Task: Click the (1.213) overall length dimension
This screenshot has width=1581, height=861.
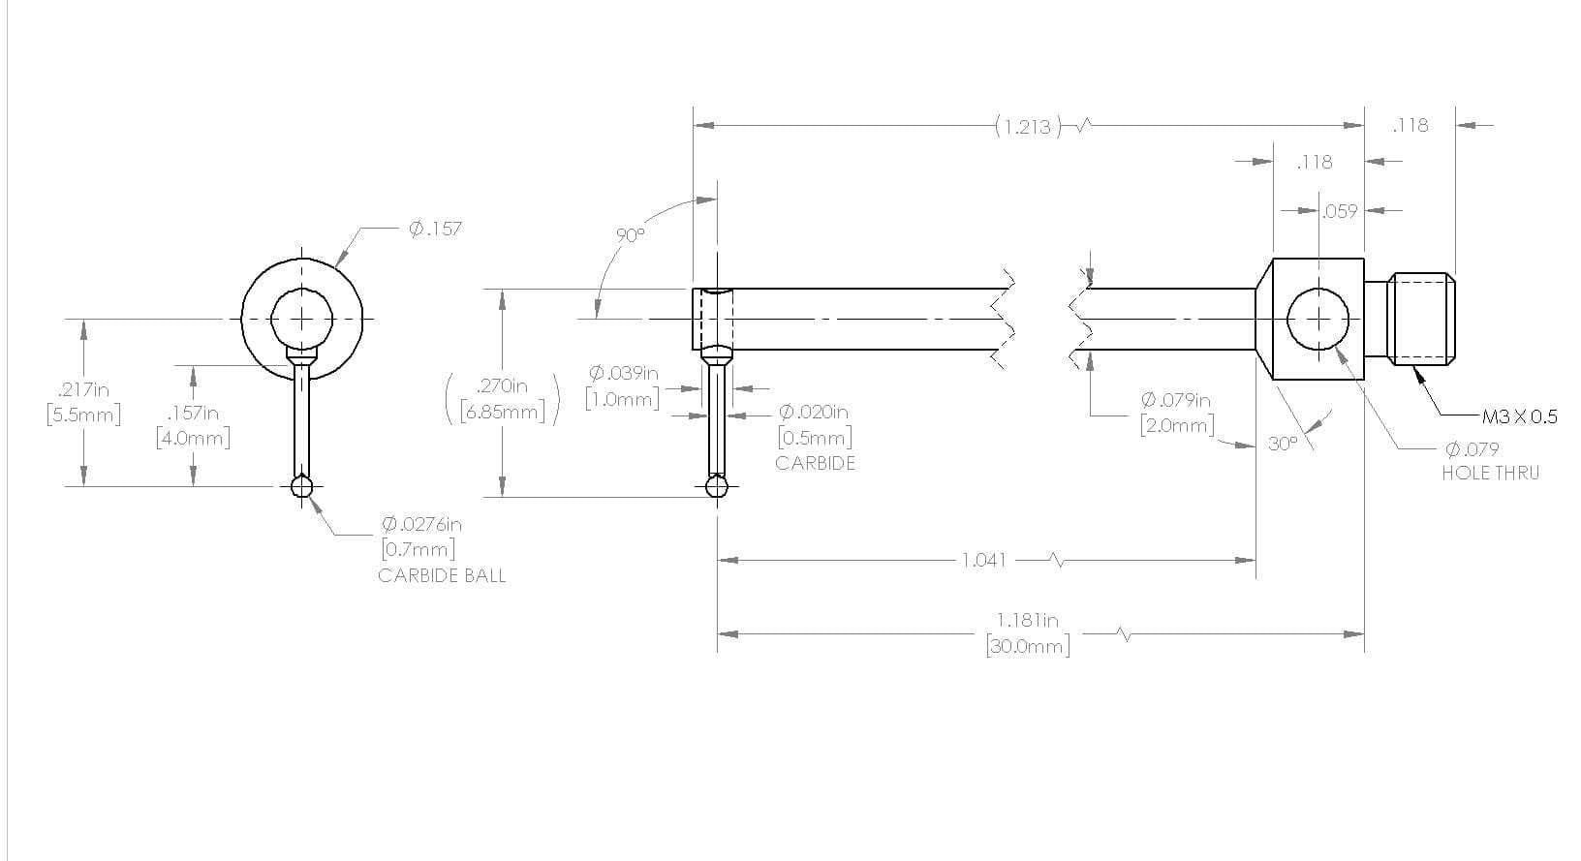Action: tap(1029, 127)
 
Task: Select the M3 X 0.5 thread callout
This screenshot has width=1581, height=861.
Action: tap(1519, 416)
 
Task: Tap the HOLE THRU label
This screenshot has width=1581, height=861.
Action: tap(1491, 473)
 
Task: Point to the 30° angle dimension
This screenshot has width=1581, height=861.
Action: tap(1283, 444)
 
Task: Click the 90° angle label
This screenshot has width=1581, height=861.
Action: tap(631, 235)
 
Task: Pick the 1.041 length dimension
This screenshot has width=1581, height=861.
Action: tap(984, 561)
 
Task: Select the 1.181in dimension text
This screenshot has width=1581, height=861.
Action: tap(1028, 620)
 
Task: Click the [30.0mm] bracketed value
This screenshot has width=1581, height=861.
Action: tap(1028, 646)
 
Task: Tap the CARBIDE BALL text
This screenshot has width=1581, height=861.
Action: tap(442, 576)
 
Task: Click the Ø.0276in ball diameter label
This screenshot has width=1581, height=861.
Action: tap(422, 524)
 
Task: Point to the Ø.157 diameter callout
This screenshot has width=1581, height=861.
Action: tap(436, 229)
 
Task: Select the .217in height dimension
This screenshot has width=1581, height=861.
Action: tap(83, 389)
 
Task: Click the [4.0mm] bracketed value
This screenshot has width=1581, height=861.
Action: tap(194, 439)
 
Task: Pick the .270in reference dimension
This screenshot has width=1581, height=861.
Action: tap(502, 386)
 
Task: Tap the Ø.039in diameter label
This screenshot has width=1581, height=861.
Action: tap(624, 373)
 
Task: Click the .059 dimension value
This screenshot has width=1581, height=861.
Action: tap(1340, 211)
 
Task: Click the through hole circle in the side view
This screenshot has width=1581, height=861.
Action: tap(1317, 289)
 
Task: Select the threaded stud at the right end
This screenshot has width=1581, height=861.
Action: tap(1421, 319)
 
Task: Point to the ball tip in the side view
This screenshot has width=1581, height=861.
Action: tap(717, 486)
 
